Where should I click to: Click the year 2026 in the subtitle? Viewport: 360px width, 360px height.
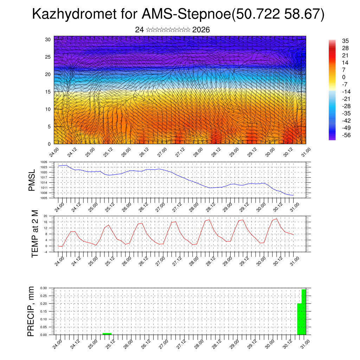pyautogui.click(x=201, y=30)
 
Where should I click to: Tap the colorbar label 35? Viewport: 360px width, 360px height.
pyautogui.click(x=345, y=41)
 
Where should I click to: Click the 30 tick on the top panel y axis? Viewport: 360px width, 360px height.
pyautogui.click(x=48, y=39)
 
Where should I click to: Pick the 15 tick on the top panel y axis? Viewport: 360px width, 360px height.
pyautogui.click(x=48, y=92)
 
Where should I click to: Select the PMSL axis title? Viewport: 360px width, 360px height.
pyautogui.click(x=32, y=180)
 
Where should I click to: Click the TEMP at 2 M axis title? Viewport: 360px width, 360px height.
pyautogui.click(x=34, y=233)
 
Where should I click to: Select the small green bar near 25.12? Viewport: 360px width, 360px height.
pyautogui.click(x=107, y=334)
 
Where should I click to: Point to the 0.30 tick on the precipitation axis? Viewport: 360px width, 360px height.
pyautogui.click(x=43, y=288)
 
